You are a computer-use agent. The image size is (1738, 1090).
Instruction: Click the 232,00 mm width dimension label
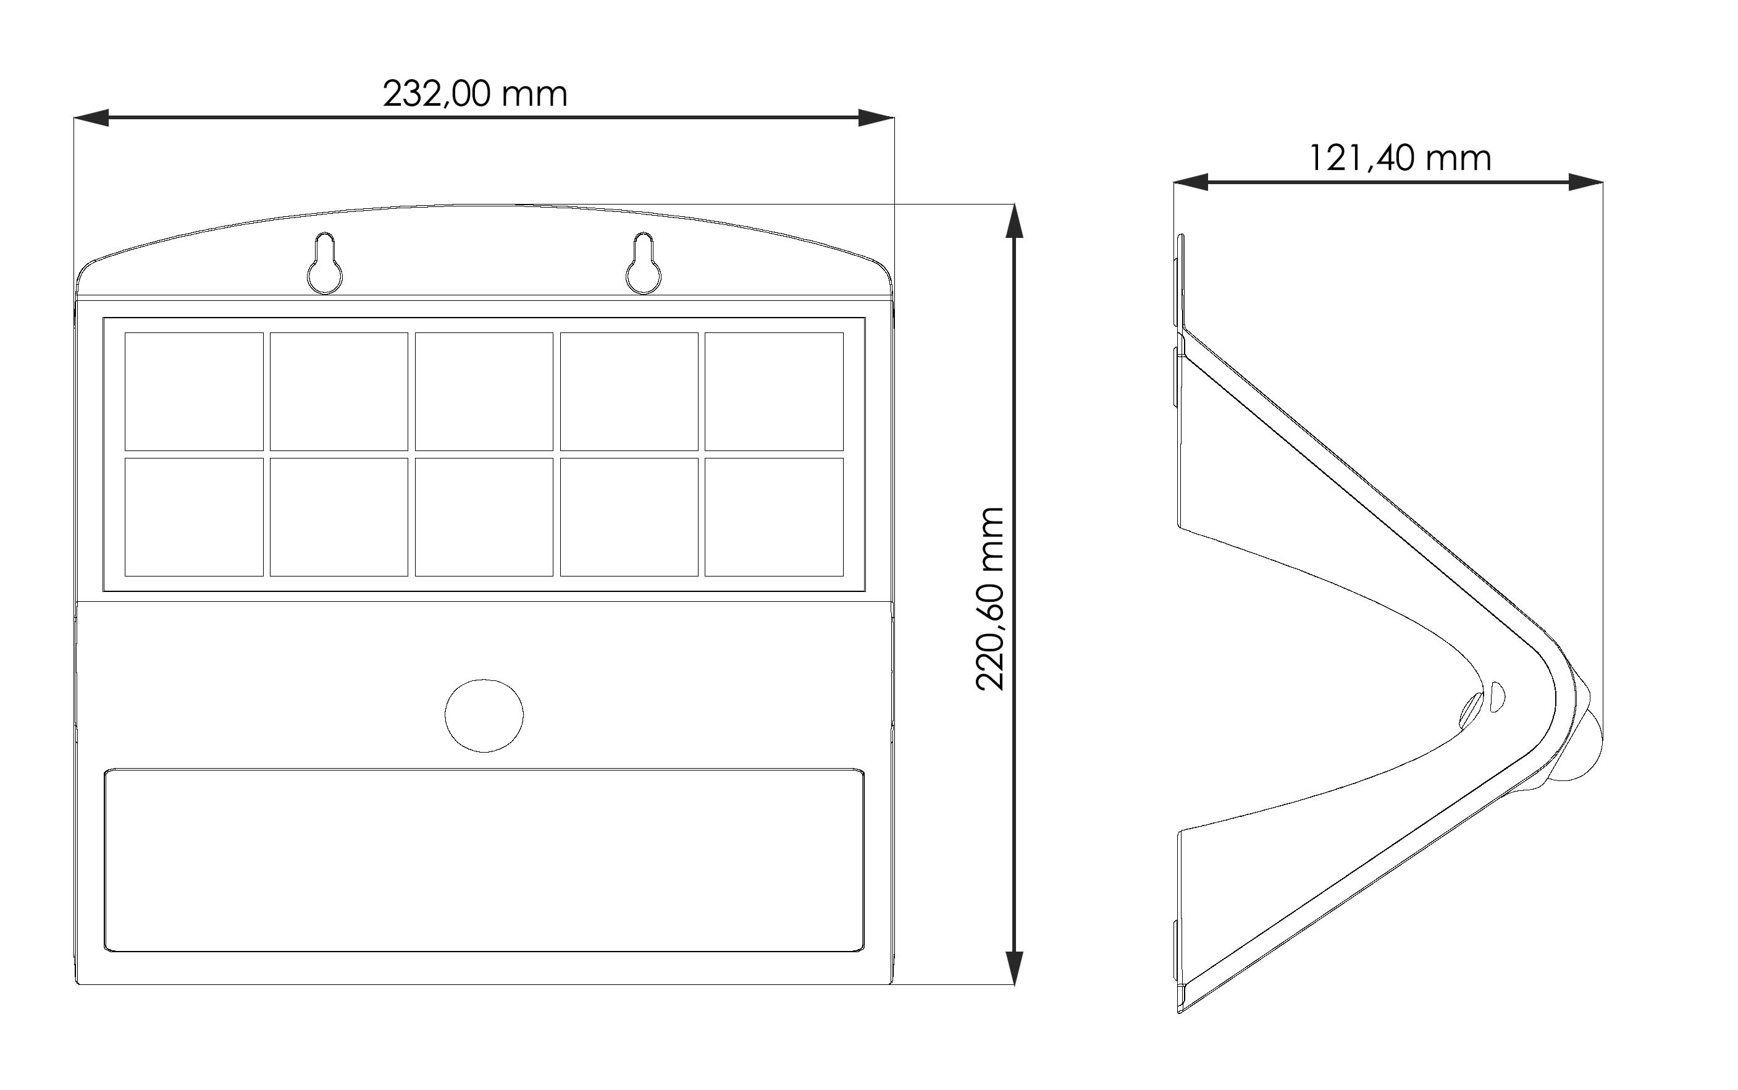(475, 95)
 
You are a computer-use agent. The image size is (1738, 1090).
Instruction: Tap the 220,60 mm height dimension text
(990, 598)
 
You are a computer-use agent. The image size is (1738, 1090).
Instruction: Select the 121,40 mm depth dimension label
(1400, 159)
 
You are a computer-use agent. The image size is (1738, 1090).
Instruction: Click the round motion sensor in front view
(484, 715)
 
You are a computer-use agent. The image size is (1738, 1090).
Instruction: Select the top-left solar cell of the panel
(194, 392)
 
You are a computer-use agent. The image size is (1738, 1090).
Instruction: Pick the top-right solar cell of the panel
(774, 392)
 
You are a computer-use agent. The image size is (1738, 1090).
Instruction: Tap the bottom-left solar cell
(194, 517)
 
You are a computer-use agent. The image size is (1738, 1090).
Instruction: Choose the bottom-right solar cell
(774, 517)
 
